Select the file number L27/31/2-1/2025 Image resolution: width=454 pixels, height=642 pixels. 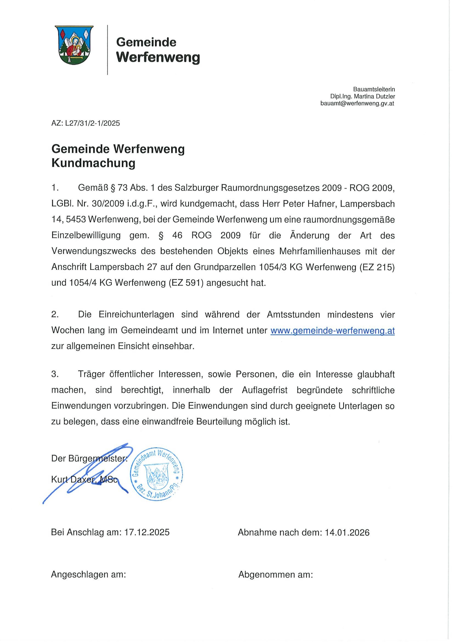coord(92,123)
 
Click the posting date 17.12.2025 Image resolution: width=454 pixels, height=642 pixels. coord(147,532)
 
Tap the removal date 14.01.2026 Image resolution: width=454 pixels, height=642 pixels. coord(347,532)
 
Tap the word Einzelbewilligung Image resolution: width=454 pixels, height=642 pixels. coord(86,235)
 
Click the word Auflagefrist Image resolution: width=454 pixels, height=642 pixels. coord(265,390)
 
